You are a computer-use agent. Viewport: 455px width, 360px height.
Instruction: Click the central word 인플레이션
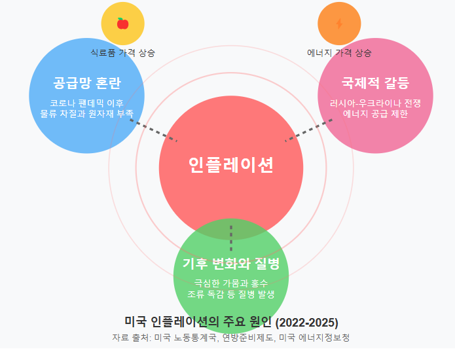click(230, 165)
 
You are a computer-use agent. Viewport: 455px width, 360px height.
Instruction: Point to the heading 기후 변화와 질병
click(230, 264)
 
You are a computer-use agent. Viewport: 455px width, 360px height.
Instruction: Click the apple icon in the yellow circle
click(122, 24)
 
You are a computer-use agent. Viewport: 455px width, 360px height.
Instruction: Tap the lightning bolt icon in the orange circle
click(338, 24)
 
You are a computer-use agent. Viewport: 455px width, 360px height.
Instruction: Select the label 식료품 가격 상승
click(123, 52)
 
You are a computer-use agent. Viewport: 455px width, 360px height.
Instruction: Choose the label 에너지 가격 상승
click(339, 52)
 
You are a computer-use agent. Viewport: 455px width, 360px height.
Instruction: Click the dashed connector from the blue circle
click(154, 130)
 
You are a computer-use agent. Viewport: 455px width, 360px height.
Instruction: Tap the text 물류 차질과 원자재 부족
click(87, 113)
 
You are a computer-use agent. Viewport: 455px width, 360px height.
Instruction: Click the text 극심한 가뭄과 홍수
click(230, 283)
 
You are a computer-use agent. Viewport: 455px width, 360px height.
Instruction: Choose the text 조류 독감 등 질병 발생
click(230, 294)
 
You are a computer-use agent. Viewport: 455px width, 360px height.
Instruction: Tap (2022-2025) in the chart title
click(306, 322)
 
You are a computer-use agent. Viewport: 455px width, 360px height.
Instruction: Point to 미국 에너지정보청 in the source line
click(314, 338)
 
